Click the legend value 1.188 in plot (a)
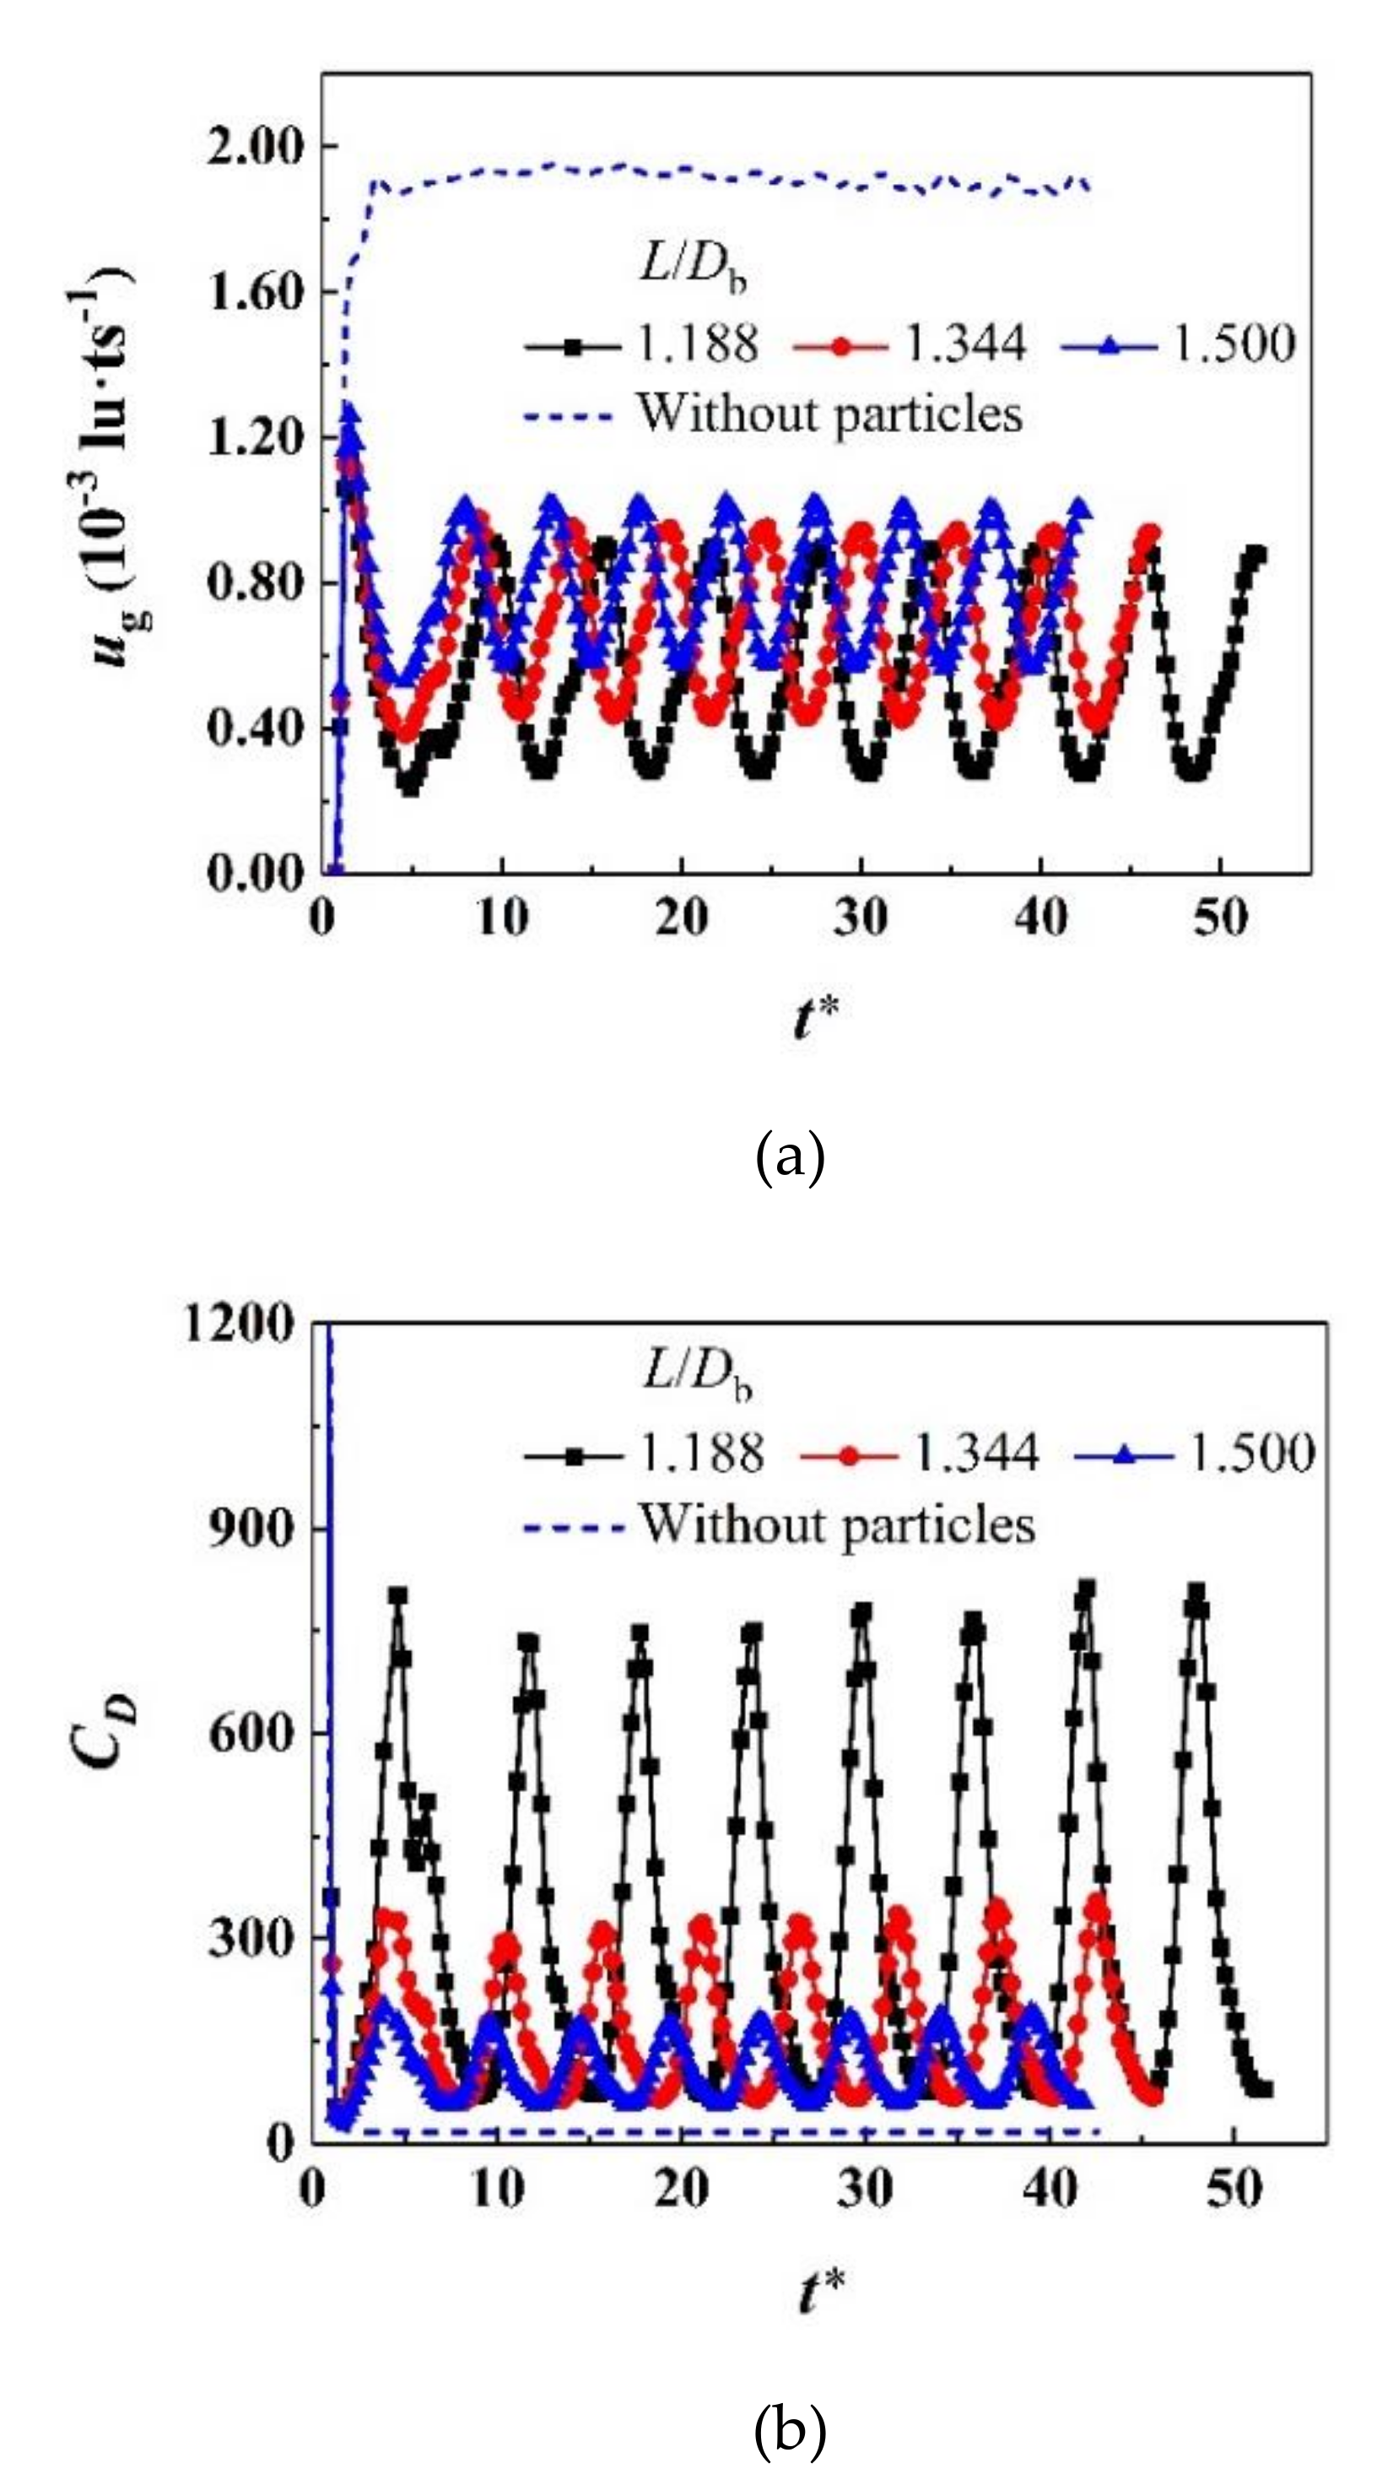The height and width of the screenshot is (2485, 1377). coord(699,344)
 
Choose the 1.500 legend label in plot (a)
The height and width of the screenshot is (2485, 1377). coord(1233,344)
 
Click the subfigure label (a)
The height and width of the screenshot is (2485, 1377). coord(790,1159)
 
